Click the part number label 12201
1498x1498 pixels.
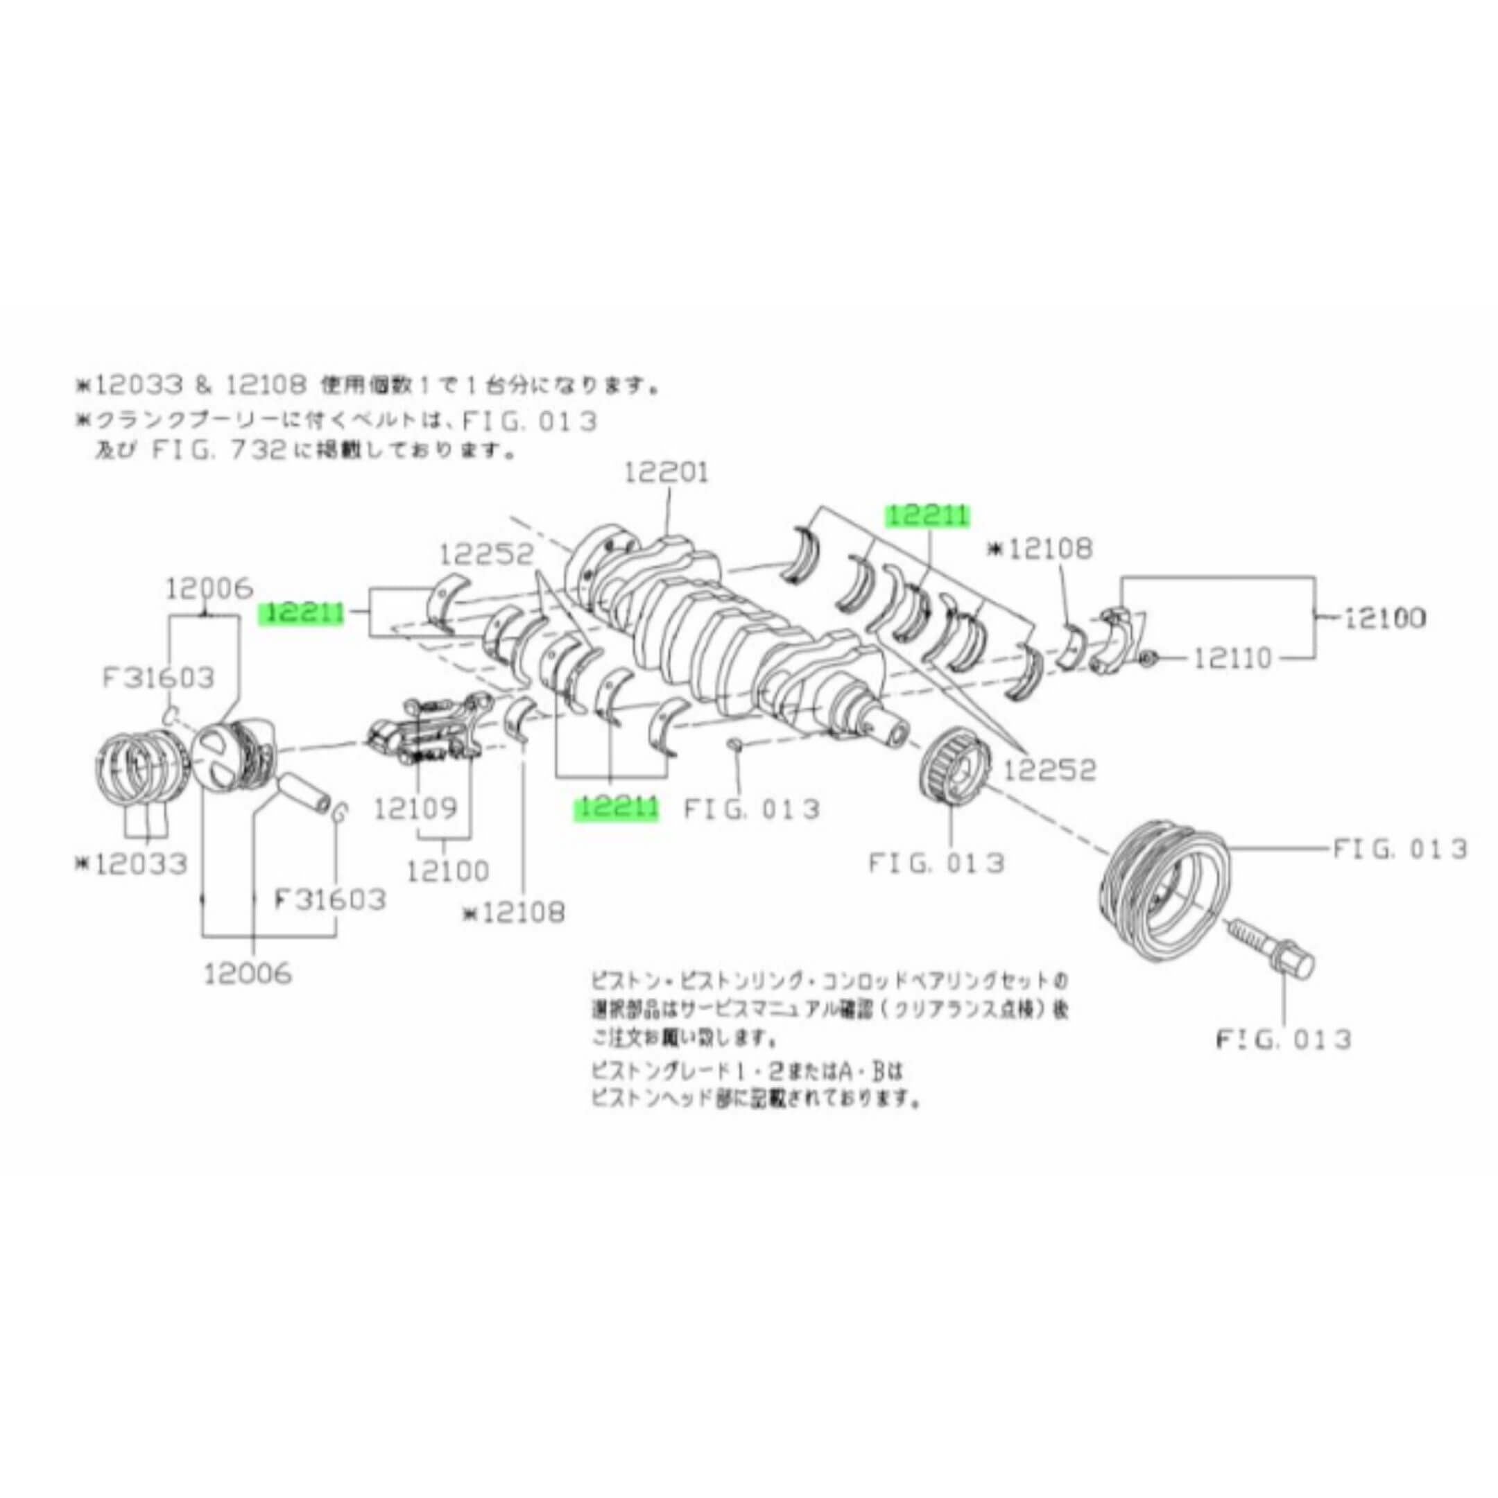point(666,473)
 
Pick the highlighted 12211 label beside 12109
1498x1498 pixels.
point(616,809)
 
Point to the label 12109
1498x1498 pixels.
point(415,809)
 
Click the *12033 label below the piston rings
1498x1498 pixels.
point(132,863)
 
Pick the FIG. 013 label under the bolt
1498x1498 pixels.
point(1284,1039)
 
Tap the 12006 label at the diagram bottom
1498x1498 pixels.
point(248,973)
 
